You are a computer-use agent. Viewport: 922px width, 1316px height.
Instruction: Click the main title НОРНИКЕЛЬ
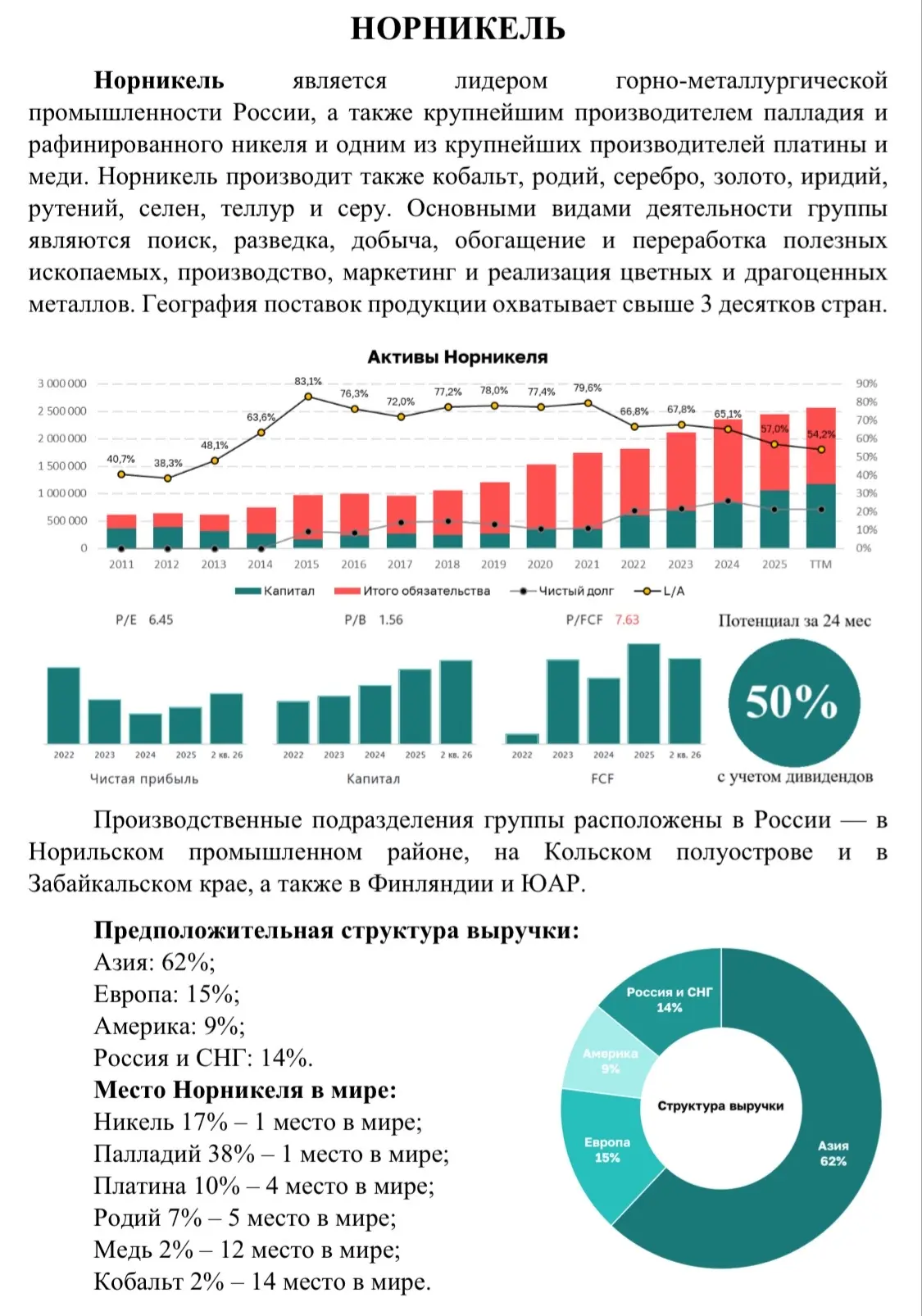(x=458, y=28)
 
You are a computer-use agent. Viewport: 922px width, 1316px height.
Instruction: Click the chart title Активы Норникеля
(x=457, y=356)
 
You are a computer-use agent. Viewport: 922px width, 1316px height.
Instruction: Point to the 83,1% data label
(x=308, y=381)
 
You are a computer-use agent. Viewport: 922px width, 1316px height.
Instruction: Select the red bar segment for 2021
(x=587, y=491)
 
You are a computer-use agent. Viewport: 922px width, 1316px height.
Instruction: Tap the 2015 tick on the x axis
(x=307, y=565)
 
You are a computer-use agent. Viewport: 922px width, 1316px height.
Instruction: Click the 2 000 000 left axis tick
(x=61, y=438)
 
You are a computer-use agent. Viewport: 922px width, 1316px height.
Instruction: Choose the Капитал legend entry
(x=275, y=591)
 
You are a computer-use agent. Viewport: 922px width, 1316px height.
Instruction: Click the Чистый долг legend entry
(x=561, y=591)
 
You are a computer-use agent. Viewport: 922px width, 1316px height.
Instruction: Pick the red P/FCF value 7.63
(x=626, y=619)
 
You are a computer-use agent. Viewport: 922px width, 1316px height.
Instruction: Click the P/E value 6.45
(x=161, y=619)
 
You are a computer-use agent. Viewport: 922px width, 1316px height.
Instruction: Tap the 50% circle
(x=794, y=702)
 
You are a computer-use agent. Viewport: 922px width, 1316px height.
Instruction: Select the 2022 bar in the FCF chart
(x=522, y=738)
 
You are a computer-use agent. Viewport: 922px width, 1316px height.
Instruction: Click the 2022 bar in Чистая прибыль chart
(x=63, y=706)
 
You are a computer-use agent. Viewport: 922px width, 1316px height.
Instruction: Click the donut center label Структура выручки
(x=720, y=1106)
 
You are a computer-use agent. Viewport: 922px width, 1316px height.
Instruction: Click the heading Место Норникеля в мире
(x=245, y=1091)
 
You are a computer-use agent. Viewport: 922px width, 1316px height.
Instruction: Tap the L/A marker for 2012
(x=167, y=479)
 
